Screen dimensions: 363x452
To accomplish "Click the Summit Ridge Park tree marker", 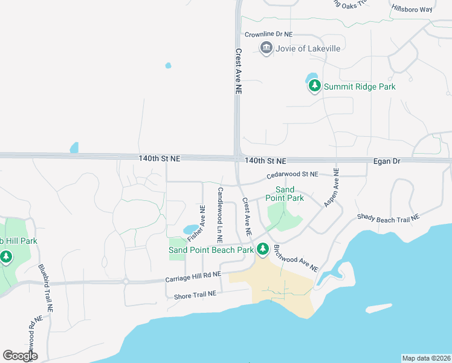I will [314, 87].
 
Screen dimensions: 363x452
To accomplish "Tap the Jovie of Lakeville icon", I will [266, 48].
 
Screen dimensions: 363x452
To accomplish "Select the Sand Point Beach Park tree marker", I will [263, 249].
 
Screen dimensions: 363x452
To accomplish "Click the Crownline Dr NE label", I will [268, 35].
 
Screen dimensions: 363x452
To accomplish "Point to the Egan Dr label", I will [387, 162].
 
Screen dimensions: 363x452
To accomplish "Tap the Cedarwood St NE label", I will [292, 175].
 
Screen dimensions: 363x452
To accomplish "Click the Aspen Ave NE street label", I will [332, 188].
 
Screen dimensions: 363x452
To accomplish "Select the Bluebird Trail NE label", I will [46, 288].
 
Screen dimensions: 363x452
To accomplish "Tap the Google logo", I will [20, 355].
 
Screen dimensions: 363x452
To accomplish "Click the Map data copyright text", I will [426, 358].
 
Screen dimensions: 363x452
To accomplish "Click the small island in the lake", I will [379, 308].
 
